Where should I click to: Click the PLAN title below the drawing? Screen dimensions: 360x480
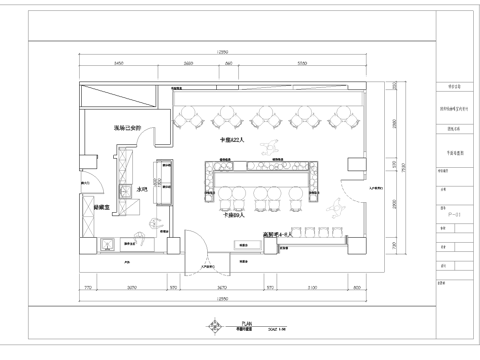pyautogui.click(x=232, y=323)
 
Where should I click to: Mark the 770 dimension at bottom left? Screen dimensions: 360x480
pyautogui.click(x=88, y=287)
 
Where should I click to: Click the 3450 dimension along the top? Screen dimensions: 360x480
pyautogui.click(x=117, y=62)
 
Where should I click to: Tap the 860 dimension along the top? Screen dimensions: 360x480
pyautogui.click(x=229, y=62)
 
